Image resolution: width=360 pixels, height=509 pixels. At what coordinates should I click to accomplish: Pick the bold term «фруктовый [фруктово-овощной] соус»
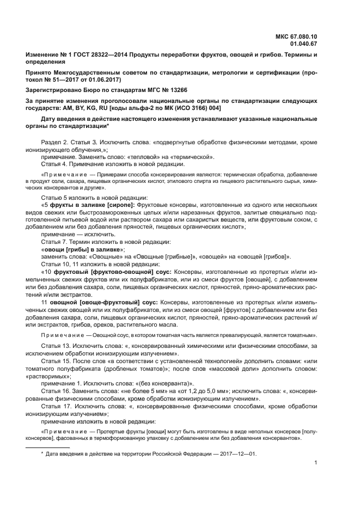109,271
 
